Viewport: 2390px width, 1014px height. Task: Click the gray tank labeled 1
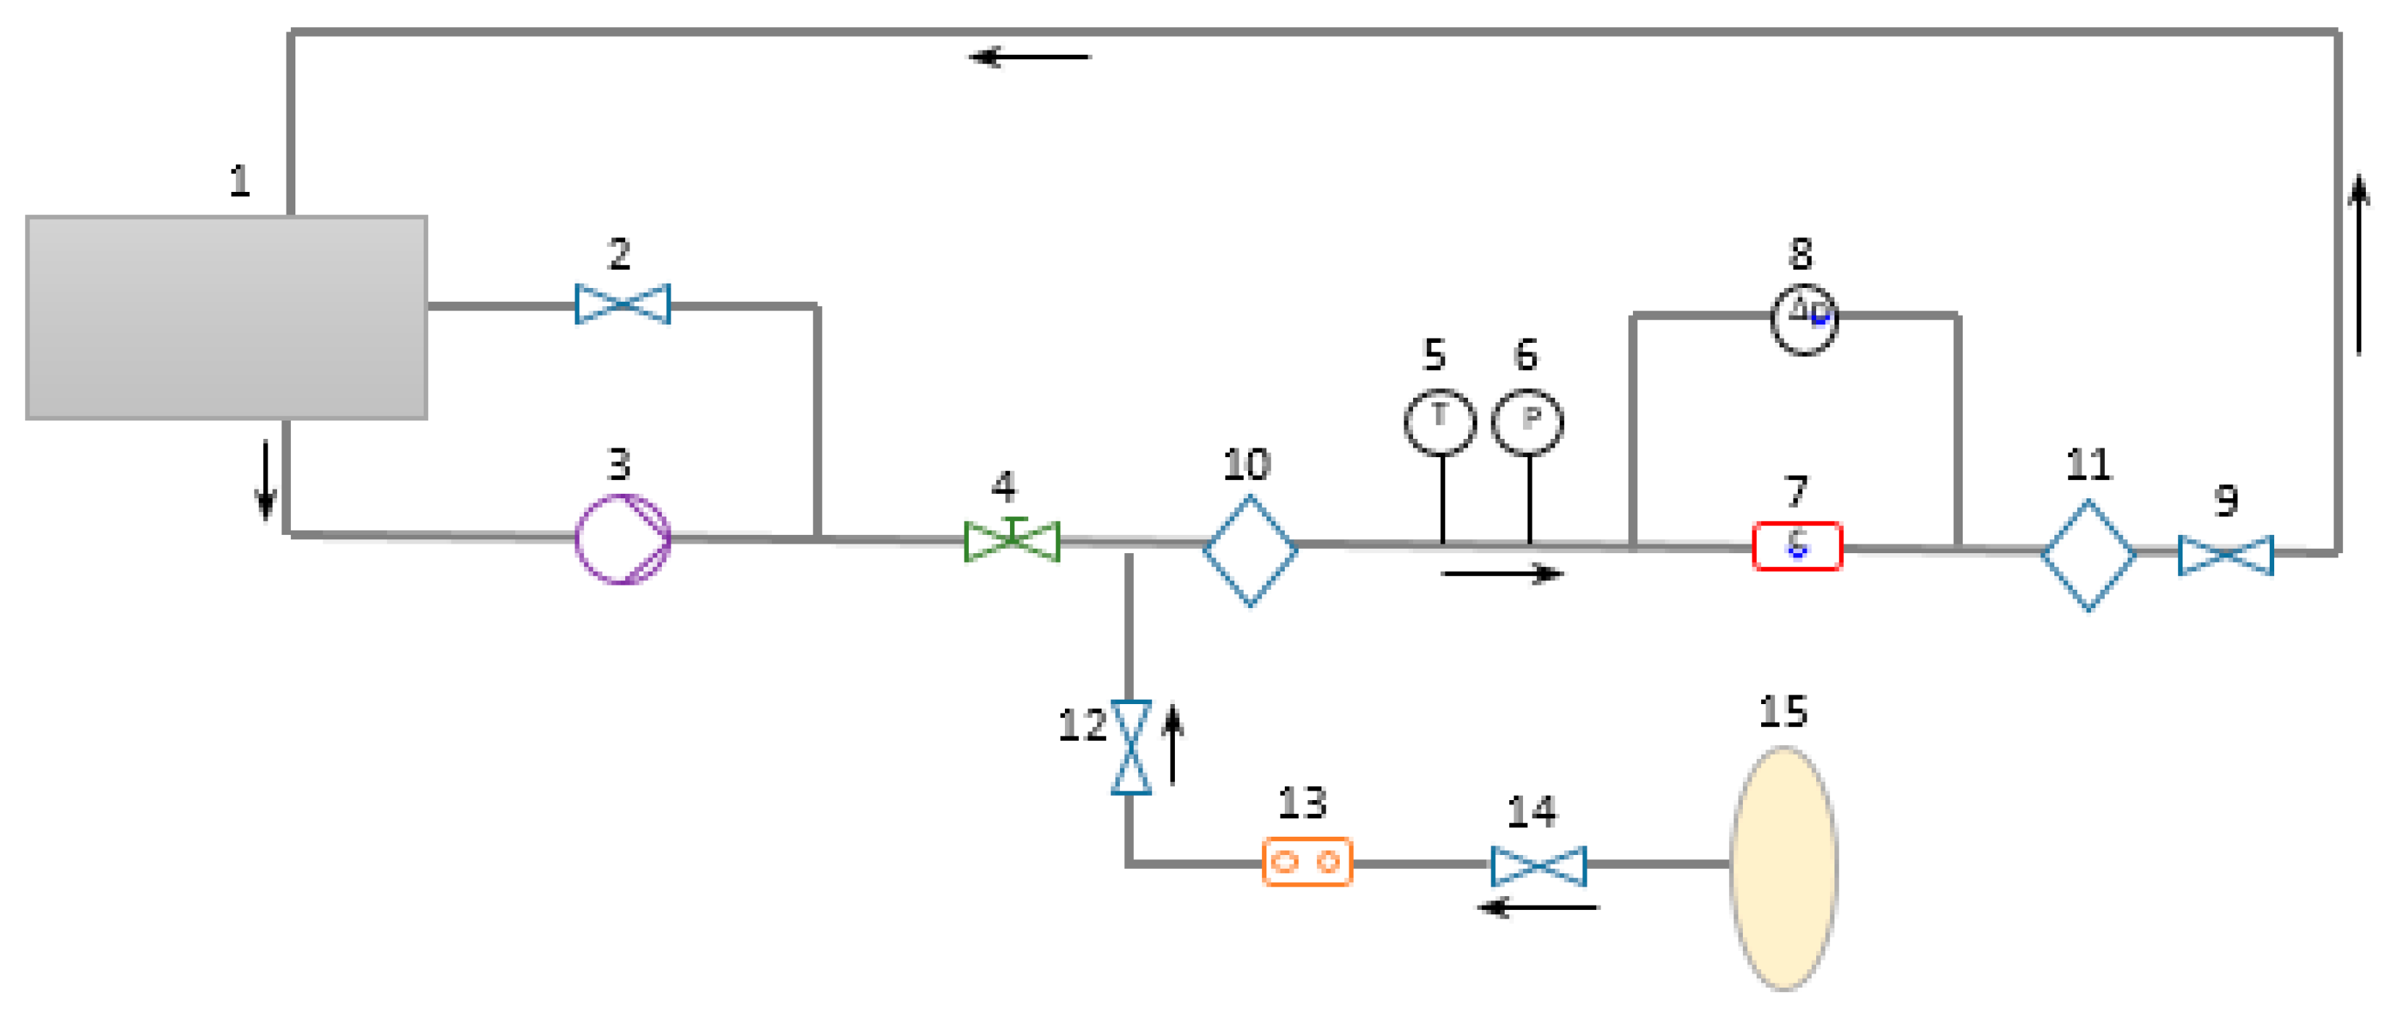[226, 317]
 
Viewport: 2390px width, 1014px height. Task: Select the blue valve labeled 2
[622, 304]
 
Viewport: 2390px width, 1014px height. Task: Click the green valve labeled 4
[1011, 541]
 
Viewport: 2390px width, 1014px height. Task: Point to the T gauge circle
[1439, 422]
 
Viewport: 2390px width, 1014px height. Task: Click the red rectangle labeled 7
[1797, 547]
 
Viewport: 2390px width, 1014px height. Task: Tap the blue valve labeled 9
[2226, 555]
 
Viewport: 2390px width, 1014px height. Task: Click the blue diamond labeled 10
[1250, 550]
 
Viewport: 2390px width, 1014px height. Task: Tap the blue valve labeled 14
[1538, 865]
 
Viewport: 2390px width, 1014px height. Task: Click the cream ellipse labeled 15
[1783, 868]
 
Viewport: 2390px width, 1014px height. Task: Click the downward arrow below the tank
[265, 480]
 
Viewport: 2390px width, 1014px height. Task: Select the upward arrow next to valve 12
[1173, 744]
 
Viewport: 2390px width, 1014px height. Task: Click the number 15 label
[1782, 711]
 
